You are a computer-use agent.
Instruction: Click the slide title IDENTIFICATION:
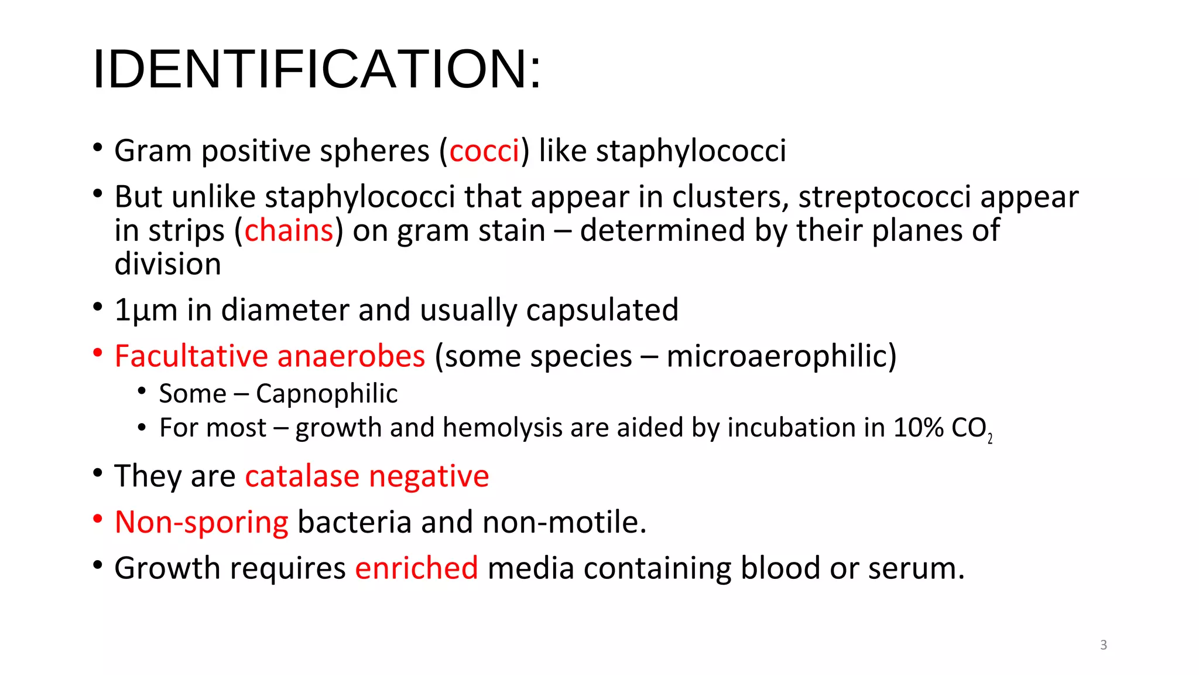[317, 69]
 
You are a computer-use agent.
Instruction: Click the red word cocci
[484, 151]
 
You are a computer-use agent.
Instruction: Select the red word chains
[289, 231]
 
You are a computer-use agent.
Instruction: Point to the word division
[168, 264]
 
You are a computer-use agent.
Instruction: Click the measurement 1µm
[146, 310]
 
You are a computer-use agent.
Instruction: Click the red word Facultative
[191, 356]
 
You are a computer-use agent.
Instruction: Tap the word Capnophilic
[327, 394]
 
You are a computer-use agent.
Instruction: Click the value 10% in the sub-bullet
[918, 428]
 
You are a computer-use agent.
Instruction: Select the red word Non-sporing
[201, 522]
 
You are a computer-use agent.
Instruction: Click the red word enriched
[416, 568]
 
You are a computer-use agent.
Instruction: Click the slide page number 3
[1104, 645]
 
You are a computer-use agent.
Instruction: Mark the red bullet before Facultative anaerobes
[98, 353]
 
